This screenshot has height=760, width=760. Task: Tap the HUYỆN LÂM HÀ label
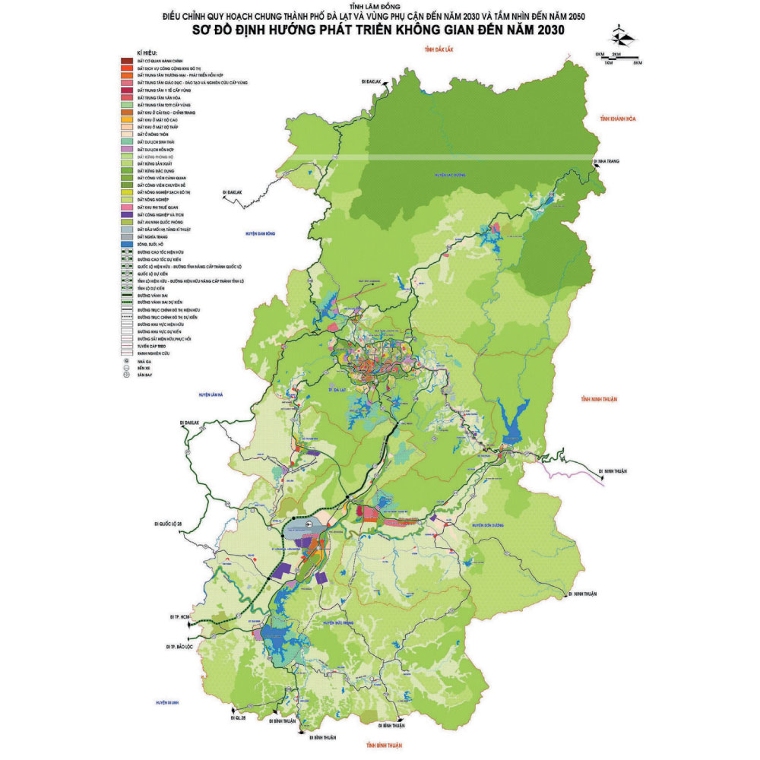(x=214, y=394)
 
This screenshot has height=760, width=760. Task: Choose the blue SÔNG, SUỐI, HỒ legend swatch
(x=127, y=244)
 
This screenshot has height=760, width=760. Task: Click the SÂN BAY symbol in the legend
(x=126, y=375)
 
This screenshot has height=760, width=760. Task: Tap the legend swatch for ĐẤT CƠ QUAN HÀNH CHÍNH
(x=127, y=60)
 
